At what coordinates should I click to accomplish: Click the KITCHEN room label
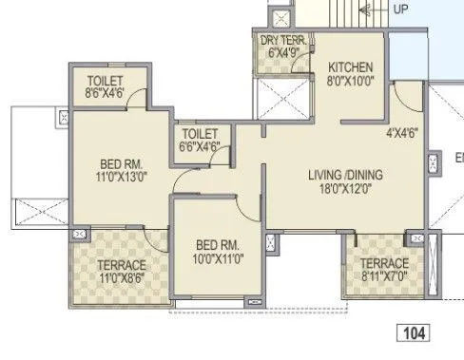(351, 67)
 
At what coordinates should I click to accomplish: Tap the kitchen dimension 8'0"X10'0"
(351, 82)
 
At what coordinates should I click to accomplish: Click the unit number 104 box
(413, 333)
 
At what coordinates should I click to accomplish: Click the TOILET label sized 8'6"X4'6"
(104, 80)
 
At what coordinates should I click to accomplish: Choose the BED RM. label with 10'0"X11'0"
(213, 242)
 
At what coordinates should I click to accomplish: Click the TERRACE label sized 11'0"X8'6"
(120, 265)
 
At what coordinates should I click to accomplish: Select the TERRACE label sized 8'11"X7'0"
(384, 263)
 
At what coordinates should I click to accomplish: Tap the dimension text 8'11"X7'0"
(384, 277)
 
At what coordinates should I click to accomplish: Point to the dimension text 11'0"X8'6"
(120, 279)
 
